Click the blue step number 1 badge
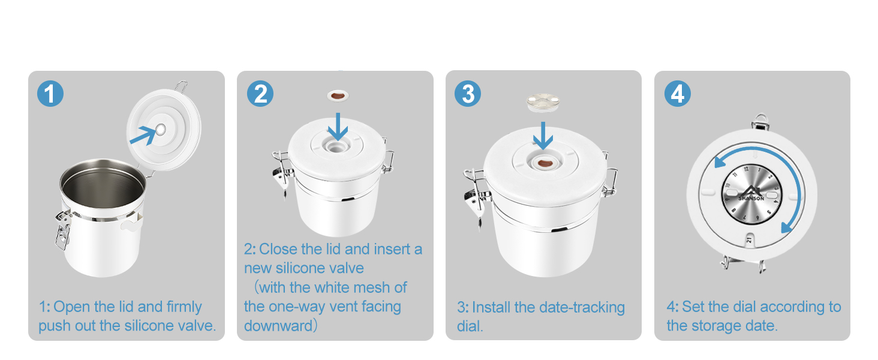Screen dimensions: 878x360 pos(50,94)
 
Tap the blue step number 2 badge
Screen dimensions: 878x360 pos(260,94)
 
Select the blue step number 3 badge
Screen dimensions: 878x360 pos(468,94)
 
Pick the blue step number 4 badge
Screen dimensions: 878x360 pos(678,94)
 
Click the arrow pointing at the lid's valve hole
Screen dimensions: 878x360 pos(143,135)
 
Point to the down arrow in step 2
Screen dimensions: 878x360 pos(338,127)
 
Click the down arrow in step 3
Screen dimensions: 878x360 pos(543,136)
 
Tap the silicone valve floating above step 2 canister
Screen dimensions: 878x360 pos(338,95)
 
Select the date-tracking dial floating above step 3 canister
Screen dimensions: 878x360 pos(543,103)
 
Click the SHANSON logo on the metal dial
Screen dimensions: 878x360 pos(751,194)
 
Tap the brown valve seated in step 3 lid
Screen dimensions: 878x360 pos(545,163)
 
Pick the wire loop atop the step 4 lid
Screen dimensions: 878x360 pos(760,121)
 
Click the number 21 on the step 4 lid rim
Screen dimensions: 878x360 pos(749,239)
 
